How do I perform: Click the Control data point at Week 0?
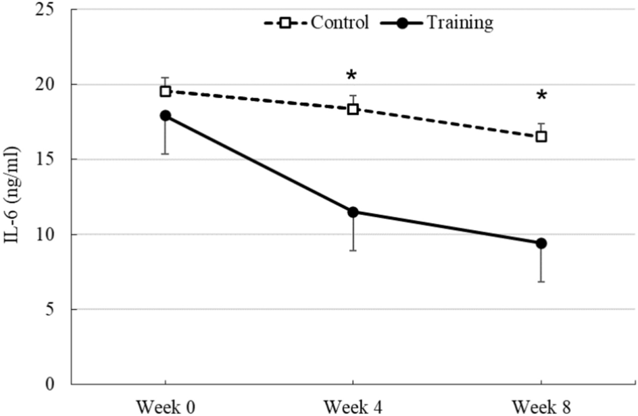click(166, 91)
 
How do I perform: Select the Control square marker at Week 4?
click(353, 109)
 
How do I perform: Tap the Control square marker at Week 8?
click(541, 137)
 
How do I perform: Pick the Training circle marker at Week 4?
click(353, 212)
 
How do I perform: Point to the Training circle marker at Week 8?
click(541, 244)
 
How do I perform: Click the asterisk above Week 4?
click(351, 76)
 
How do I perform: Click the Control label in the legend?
click(340, 23)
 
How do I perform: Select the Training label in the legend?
click(460, 23)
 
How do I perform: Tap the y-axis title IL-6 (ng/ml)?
click(15, 197)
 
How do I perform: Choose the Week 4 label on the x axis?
click(353, 407)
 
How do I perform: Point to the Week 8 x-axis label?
click(541, 407)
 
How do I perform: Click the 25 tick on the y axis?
click(53, 9)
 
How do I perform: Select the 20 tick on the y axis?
click(53, 85)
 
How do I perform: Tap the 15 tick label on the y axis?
click(53, 160)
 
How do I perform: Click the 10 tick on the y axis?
click(53, 235)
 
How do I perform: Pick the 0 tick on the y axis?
click(57, 384)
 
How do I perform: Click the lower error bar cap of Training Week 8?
click(541, 281)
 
